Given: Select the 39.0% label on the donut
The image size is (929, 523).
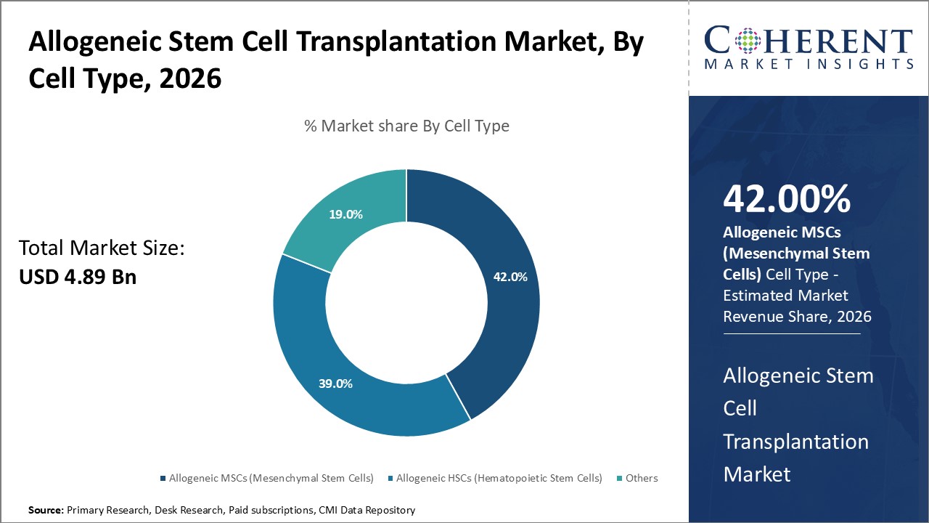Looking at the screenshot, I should pos(335,384).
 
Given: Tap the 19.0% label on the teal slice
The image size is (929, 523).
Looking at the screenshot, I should pos(346,214).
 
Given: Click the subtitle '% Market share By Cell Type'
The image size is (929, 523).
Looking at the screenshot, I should pos(406,126).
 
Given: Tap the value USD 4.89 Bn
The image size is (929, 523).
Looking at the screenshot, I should pos(77,277).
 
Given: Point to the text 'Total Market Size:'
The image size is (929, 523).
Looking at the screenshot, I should pos(102,248).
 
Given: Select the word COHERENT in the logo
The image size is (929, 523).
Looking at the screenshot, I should pos(808,41).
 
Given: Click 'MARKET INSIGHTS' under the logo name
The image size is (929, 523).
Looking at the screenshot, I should pos(808,64).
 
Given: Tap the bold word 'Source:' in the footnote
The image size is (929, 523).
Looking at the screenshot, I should pos(46,511).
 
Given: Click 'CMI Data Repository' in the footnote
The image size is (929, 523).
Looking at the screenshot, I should pos(367,511).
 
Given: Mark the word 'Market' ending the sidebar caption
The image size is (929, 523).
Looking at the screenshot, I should pos(757,474).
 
